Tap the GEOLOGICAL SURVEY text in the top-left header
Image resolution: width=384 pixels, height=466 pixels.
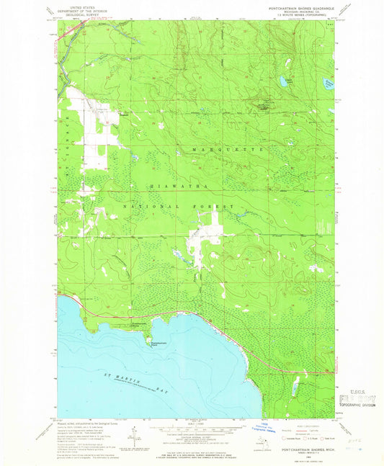tap(75, 13)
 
